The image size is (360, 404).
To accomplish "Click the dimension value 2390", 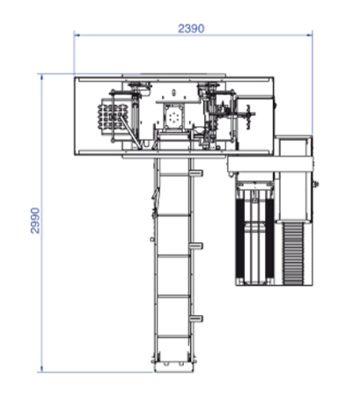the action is click(x=191, y=28).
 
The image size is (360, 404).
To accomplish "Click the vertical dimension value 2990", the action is click(x=35, y=221).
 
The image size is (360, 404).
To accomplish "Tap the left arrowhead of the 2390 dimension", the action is click(x=77, y=35).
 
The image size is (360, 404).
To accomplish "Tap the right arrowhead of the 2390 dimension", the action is click(x=310, y=35).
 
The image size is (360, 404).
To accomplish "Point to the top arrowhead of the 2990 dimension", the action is click(x=41, y=77).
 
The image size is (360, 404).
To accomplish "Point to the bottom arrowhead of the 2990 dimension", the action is click(x=41, y=370).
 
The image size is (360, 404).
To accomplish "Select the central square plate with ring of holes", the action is click(x=174, y=117).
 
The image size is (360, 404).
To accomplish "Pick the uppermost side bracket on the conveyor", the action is click(x=195, y=173).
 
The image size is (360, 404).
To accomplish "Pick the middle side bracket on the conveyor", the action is click(x=195, y=246).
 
